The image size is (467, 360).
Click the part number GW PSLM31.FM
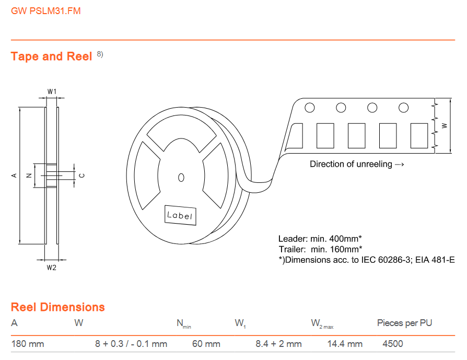[x=46, y=11]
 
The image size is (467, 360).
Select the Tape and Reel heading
[x=51, y=56]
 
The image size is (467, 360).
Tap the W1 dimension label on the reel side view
[x=52, y=91]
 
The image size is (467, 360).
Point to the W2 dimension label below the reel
[x=52, y=268]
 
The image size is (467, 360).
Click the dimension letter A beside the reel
[x=14, y=176]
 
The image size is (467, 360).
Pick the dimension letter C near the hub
[x=82, y=176]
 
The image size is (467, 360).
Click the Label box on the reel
[x=180, y=215]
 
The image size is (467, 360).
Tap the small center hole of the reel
[x=181, y=178]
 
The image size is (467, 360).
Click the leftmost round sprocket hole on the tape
[x=310, y=108]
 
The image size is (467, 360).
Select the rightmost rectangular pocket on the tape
[x=419, y=136]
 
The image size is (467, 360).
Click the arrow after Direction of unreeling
[x=399, y=164]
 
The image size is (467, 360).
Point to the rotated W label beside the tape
[x=445, y=126]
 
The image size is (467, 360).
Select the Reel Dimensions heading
[x=58, y=307]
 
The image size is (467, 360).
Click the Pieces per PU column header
[x=404, y=323]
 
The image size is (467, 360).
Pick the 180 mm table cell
[x=27, y=344]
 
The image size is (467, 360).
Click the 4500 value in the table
[x=392, y=344]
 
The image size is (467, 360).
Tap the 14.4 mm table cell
[x=345, y=344]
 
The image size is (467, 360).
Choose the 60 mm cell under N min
[x=206, y=344]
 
